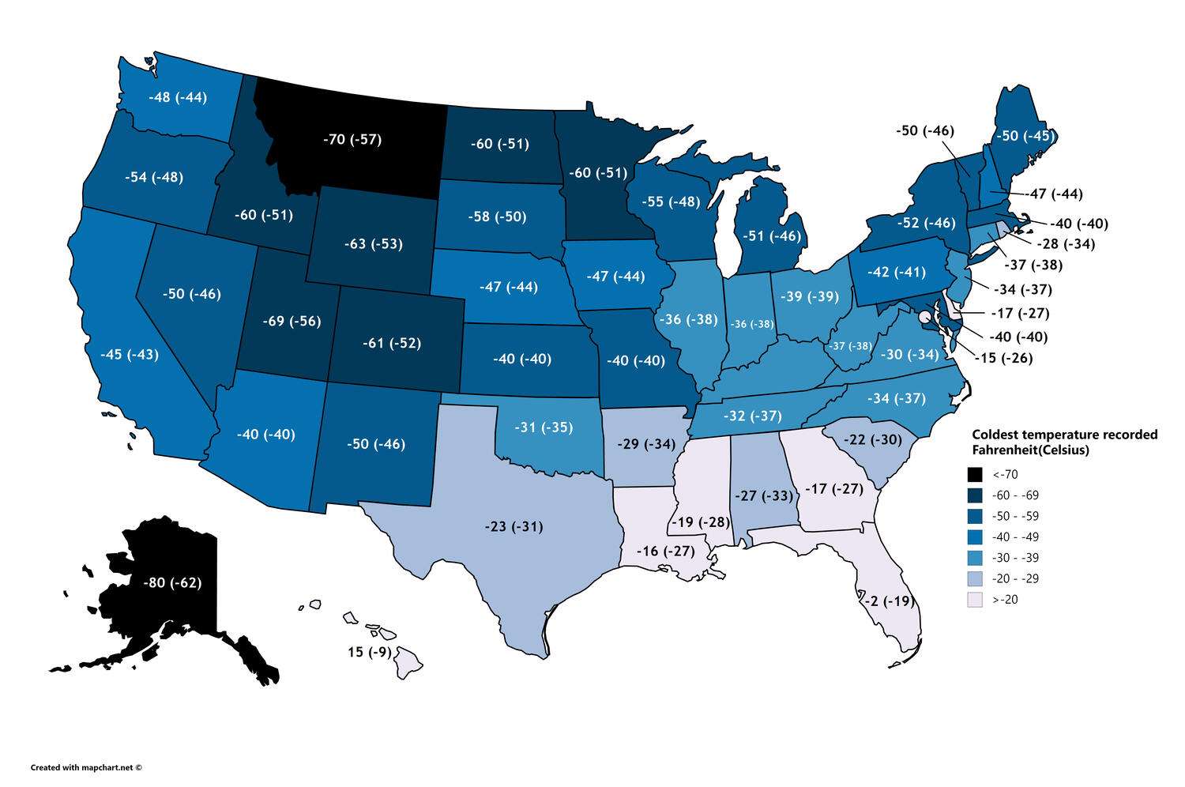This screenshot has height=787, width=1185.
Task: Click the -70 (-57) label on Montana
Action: (x=352, y=140)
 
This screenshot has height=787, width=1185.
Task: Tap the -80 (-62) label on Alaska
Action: (x=172, y=583)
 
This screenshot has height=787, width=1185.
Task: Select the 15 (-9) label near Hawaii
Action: (x=370, y=653)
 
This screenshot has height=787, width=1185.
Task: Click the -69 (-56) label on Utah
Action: (x=292, y=321)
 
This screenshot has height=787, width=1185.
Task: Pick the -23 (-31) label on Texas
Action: (x=513, y=526)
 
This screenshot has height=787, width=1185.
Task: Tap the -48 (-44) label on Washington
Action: (x=178, y=98)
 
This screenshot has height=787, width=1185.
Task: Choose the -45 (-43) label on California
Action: (x=130, y=354)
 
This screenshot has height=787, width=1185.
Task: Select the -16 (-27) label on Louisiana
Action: (x=665, y=551)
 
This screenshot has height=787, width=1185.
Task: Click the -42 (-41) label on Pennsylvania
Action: (x=896, y=272)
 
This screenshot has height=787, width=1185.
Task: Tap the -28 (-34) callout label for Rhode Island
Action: (x=1066, y=244)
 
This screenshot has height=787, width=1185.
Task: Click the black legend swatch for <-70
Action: (x=975, y=475)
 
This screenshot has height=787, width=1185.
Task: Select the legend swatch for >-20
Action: (x=975, y=600)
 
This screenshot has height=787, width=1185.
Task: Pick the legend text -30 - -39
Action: (x=1015, y=558)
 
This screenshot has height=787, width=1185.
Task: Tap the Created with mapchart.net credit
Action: (x=87, y=766)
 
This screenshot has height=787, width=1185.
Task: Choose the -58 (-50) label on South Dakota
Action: (x=497, y=217)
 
